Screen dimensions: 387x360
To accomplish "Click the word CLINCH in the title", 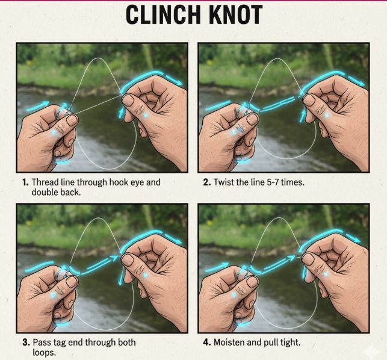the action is click(163, 14).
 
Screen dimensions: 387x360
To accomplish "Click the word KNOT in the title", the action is click(235, 14).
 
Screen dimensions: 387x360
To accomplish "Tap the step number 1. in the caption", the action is click(25, 182).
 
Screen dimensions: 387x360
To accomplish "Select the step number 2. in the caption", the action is click(207, 182).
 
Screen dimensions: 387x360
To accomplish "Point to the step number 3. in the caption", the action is click(26, 343).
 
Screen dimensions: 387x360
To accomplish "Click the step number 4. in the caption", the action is click(207, 343).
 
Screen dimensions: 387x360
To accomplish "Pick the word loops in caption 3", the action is click(44, 353).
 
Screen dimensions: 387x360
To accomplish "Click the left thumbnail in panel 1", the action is click(72, 120).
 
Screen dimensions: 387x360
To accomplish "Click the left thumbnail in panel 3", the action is click(72, 282).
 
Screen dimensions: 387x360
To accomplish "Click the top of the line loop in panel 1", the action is click(98, 58).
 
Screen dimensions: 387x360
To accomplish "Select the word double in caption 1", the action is click(44, 193).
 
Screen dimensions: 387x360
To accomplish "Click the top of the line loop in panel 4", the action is click(278, 218).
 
